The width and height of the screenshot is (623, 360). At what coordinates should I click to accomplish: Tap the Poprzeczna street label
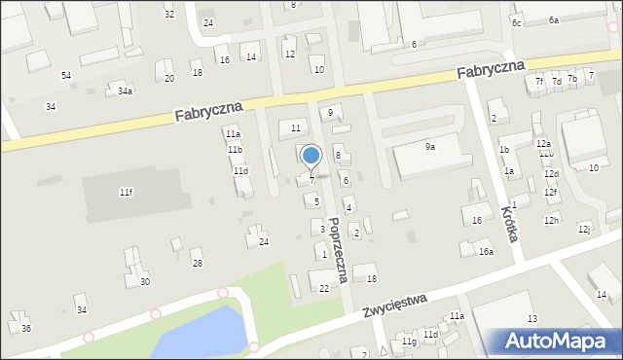(338, 250)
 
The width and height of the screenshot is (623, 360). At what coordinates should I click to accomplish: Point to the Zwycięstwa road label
(396, 306)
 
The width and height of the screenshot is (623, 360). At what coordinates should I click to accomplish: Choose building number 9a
(429, 146)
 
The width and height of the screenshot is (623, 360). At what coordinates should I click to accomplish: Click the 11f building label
(126, 193)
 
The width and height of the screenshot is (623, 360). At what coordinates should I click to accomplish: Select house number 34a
(125, 90)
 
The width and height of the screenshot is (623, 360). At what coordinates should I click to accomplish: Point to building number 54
(66, 75)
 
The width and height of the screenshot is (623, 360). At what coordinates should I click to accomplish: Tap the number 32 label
(169, 14)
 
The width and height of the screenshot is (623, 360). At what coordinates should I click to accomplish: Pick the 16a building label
(486, 252)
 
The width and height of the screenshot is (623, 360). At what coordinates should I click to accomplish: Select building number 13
(531, 319)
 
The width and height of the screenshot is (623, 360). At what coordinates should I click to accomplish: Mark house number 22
(324, 288)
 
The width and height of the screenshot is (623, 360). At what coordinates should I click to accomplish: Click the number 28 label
(197, 264)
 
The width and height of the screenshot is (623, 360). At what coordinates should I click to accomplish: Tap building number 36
(26, 329)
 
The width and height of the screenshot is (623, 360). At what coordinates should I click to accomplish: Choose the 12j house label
(584, 229)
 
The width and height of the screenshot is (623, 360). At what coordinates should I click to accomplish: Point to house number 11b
(235, 150)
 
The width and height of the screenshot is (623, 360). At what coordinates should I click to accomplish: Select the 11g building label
(409, 342)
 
